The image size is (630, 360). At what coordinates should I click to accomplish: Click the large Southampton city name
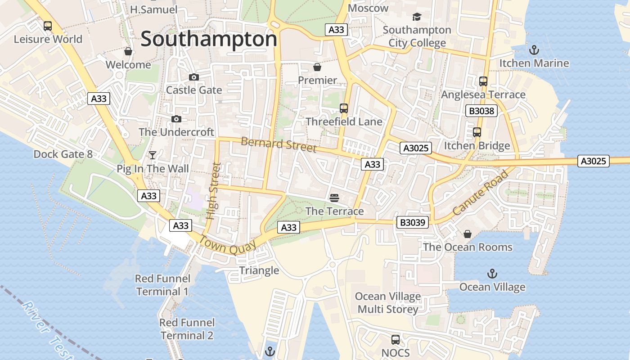(209, 39)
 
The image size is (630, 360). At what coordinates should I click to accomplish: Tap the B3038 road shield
(481, 111)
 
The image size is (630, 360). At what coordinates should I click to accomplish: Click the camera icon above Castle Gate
(194, 77)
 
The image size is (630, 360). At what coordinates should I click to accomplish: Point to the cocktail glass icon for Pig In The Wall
(153, 155)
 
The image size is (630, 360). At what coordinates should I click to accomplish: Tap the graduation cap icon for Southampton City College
(417, 17)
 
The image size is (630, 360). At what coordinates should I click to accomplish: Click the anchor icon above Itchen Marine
(534, 50)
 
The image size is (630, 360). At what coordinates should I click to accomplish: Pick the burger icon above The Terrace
(334, 198)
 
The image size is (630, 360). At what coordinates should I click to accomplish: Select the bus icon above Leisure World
(48, 26)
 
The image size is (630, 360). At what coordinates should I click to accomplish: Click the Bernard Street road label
(279, 144)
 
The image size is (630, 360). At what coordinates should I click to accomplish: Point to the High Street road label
(213, 191)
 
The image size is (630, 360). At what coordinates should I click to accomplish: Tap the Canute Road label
(480, 192)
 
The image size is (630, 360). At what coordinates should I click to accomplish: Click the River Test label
(45, 328)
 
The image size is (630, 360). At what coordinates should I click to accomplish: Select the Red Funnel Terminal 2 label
(187, 329)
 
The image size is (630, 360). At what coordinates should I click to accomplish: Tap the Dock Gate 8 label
(63, 154)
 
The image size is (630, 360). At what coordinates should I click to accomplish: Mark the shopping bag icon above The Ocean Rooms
(468, 234)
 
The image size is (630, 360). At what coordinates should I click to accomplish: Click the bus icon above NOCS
(396, 340)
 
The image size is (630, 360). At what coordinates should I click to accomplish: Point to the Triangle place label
(259, 270)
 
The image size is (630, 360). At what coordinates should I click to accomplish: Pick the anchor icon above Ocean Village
(492, 274)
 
